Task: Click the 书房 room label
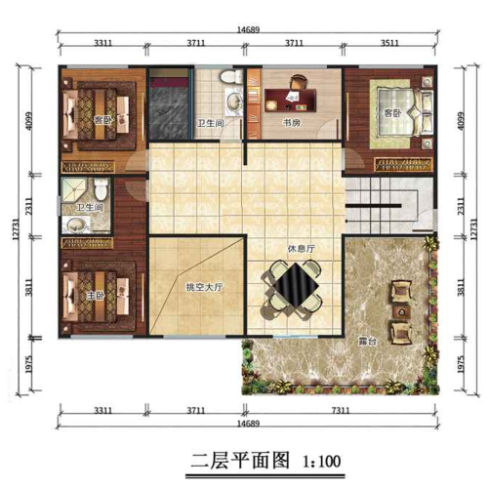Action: click(290, 124)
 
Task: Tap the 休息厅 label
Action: click(301, 249)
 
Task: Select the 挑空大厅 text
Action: click(206, 288)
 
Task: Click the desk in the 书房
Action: click(289, 98)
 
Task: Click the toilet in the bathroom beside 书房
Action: click(227, 77)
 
